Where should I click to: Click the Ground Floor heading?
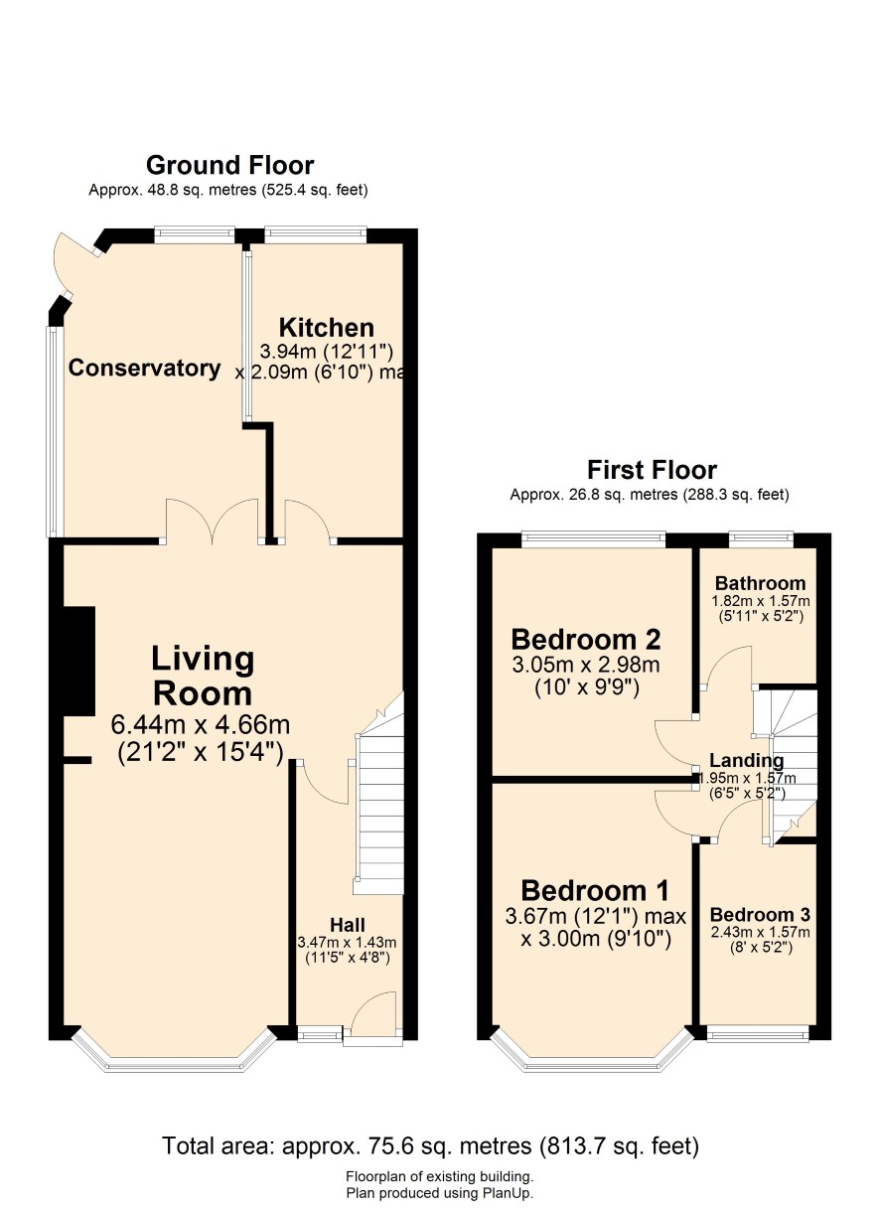(x=229, y=165)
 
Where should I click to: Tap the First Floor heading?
(x=652, y=470)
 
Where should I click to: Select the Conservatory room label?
(x=144, y=368)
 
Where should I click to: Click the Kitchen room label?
(x=327, y=328)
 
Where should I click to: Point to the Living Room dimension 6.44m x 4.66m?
(x=201, y=724)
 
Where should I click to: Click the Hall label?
(x=348, y=925)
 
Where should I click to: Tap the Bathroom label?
(x=760, y=583)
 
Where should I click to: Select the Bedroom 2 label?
(x=586, y=640)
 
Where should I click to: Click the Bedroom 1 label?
(x=595, y=891)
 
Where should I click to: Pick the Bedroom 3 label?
(x=760, y=915)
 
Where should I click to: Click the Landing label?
(x=746, y=761)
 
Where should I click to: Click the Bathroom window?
(x=761, y=537)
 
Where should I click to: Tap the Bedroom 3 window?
(x=758, y=1035)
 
